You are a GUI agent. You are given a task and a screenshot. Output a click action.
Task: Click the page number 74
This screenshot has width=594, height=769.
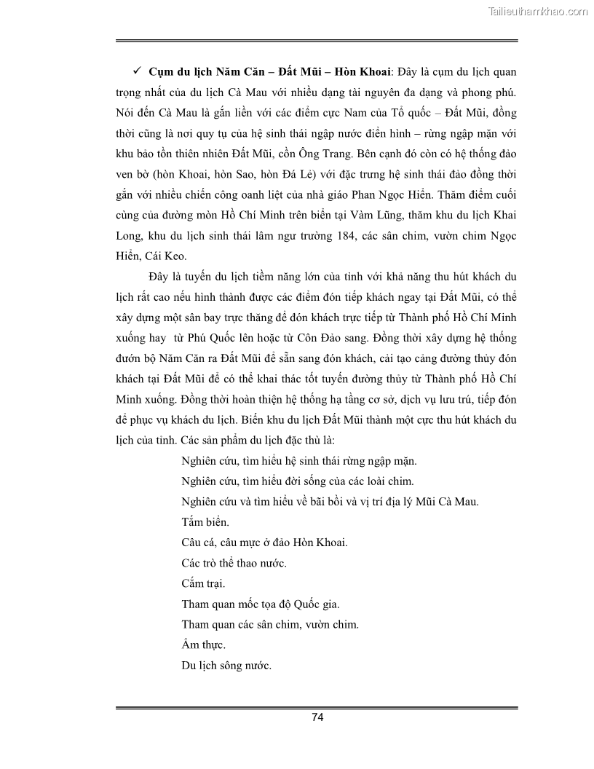click(x=317, y=717)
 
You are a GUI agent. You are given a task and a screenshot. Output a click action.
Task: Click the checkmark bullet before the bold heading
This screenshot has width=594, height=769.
click(x=136, y=73)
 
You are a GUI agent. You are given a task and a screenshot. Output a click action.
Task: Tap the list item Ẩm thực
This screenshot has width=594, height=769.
click(x=203, y=644)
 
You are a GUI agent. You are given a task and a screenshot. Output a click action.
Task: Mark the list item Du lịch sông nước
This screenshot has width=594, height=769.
click(x=226, y=665)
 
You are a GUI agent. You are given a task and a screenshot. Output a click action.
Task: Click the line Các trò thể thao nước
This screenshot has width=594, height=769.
click(x=233, y=563)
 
